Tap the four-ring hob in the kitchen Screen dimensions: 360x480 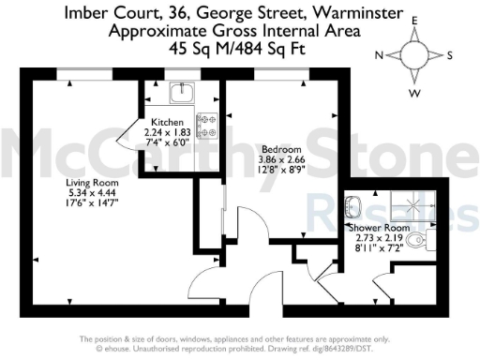click(x=204, y=123)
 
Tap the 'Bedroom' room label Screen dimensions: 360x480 click(x=281, y=149)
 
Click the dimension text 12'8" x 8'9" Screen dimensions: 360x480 click(x=281, y=169)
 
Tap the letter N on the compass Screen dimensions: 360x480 click(x=380, y=55)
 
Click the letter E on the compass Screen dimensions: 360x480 click(x=413, y=19)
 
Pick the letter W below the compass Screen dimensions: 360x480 click(x=413, y=92)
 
